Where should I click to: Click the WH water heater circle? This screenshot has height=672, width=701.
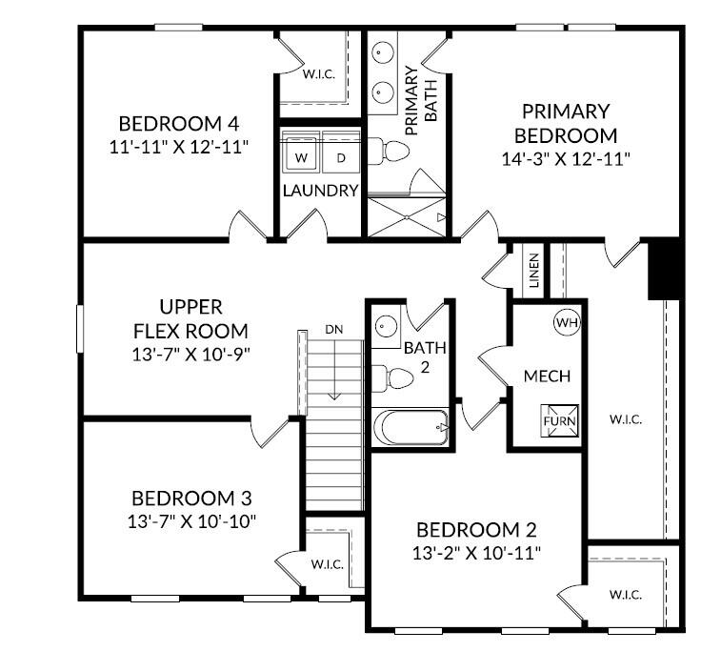coord(567,323)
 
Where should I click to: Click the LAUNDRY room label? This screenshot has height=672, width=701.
coord(320,191)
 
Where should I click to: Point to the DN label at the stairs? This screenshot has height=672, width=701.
coord(333,329)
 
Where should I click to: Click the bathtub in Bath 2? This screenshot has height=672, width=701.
coord(411,427)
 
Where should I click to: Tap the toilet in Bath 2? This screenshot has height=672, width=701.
coord(391,377)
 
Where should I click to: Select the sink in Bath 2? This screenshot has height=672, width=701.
coord(386,325)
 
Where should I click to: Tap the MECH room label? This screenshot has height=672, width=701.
coord(548,377)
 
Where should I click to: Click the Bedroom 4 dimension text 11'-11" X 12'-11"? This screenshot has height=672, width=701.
coord(179,147)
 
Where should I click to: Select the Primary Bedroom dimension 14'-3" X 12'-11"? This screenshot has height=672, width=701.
coord(566,158)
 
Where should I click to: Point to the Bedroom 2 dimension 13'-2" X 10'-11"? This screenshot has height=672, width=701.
coord(477,553)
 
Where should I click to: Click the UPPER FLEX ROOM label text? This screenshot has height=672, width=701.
coord(191,319)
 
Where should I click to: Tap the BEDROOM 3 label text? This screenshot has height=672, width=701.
coord(192,499)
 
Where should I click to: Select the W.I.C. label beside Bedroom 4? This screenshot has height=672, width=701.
coord(318,73)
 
